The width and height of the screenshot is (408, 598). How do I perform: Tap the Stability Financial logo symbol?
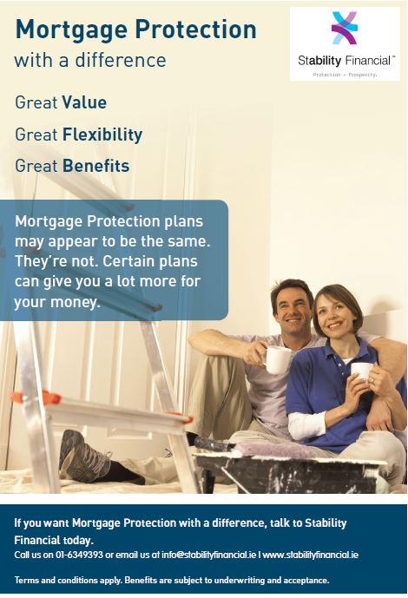pyautogui.click(x=345, y=28)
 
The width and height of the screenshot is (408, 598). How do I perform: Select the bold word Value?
pyautogui.click(x=84, y=102)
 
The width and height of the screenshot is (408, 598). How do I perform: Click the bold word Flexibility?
pyautogui.click(x=102, y=135)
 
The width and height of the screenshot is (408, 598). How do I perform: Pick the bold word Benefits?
pyautogui.click(x=95, y=166)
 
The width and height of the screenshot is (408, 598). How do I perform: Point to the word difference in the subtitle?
pyautogui.click(x=121, y=60)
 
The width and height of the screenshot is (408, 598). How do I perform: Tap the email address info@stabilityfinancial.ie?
pyautogui.click(x=209, y=555)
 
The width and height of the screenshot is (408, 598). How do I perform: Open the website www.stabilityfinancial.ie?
pyautogui.click(x=311, y=555)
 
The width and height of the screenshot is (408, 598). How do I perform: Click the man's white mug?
pyautogui.click(x=278, y=359)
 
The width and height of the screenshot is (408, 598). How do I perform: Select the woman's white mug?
pyautogui.click(x=361, y=371)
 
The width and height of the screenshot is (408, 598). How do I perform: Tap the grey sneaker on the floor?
pyautogui.click(x=84, y=455)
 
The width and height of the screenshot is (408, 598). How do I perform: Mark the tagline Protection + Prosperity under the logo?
pyautogui.click(x=345, y=75)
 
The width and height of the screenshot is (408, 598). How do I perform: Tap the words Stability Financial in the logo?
pyautogui.click(x=345, y=60)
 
